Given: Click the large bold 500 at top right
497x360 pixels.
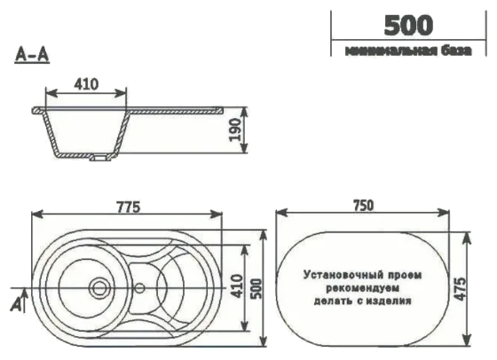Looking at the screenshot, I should [x=409, y=24].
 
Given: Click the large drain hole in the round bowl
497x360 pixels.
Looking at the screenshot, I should [x=99, y=287].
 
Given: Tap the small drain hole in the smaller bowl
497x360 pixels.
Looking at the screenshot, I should [x=140, y=287].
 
